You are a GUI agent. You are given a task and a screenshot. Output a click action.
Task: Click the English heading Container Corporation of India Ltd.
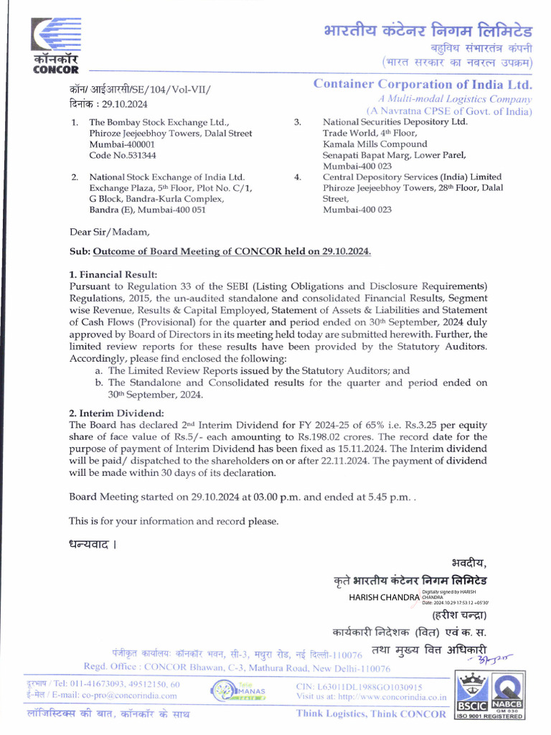(423, 84)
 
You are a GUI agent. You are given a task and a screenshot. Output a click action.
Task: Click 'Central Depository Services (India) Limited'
(412, 177)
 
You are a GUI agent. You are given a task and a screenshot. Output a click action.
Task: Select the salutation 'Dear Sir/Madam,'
(110, 232)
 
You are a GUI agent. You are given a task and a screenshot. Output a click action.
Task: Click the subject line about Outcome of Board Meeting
(232, 252)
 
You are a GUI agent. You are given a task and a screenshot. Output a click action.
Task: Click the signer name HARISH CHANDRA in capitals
(384, 596)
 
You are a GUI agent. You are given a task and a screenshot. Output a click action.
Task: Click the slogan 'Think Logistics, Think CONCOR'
(371, 713)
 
